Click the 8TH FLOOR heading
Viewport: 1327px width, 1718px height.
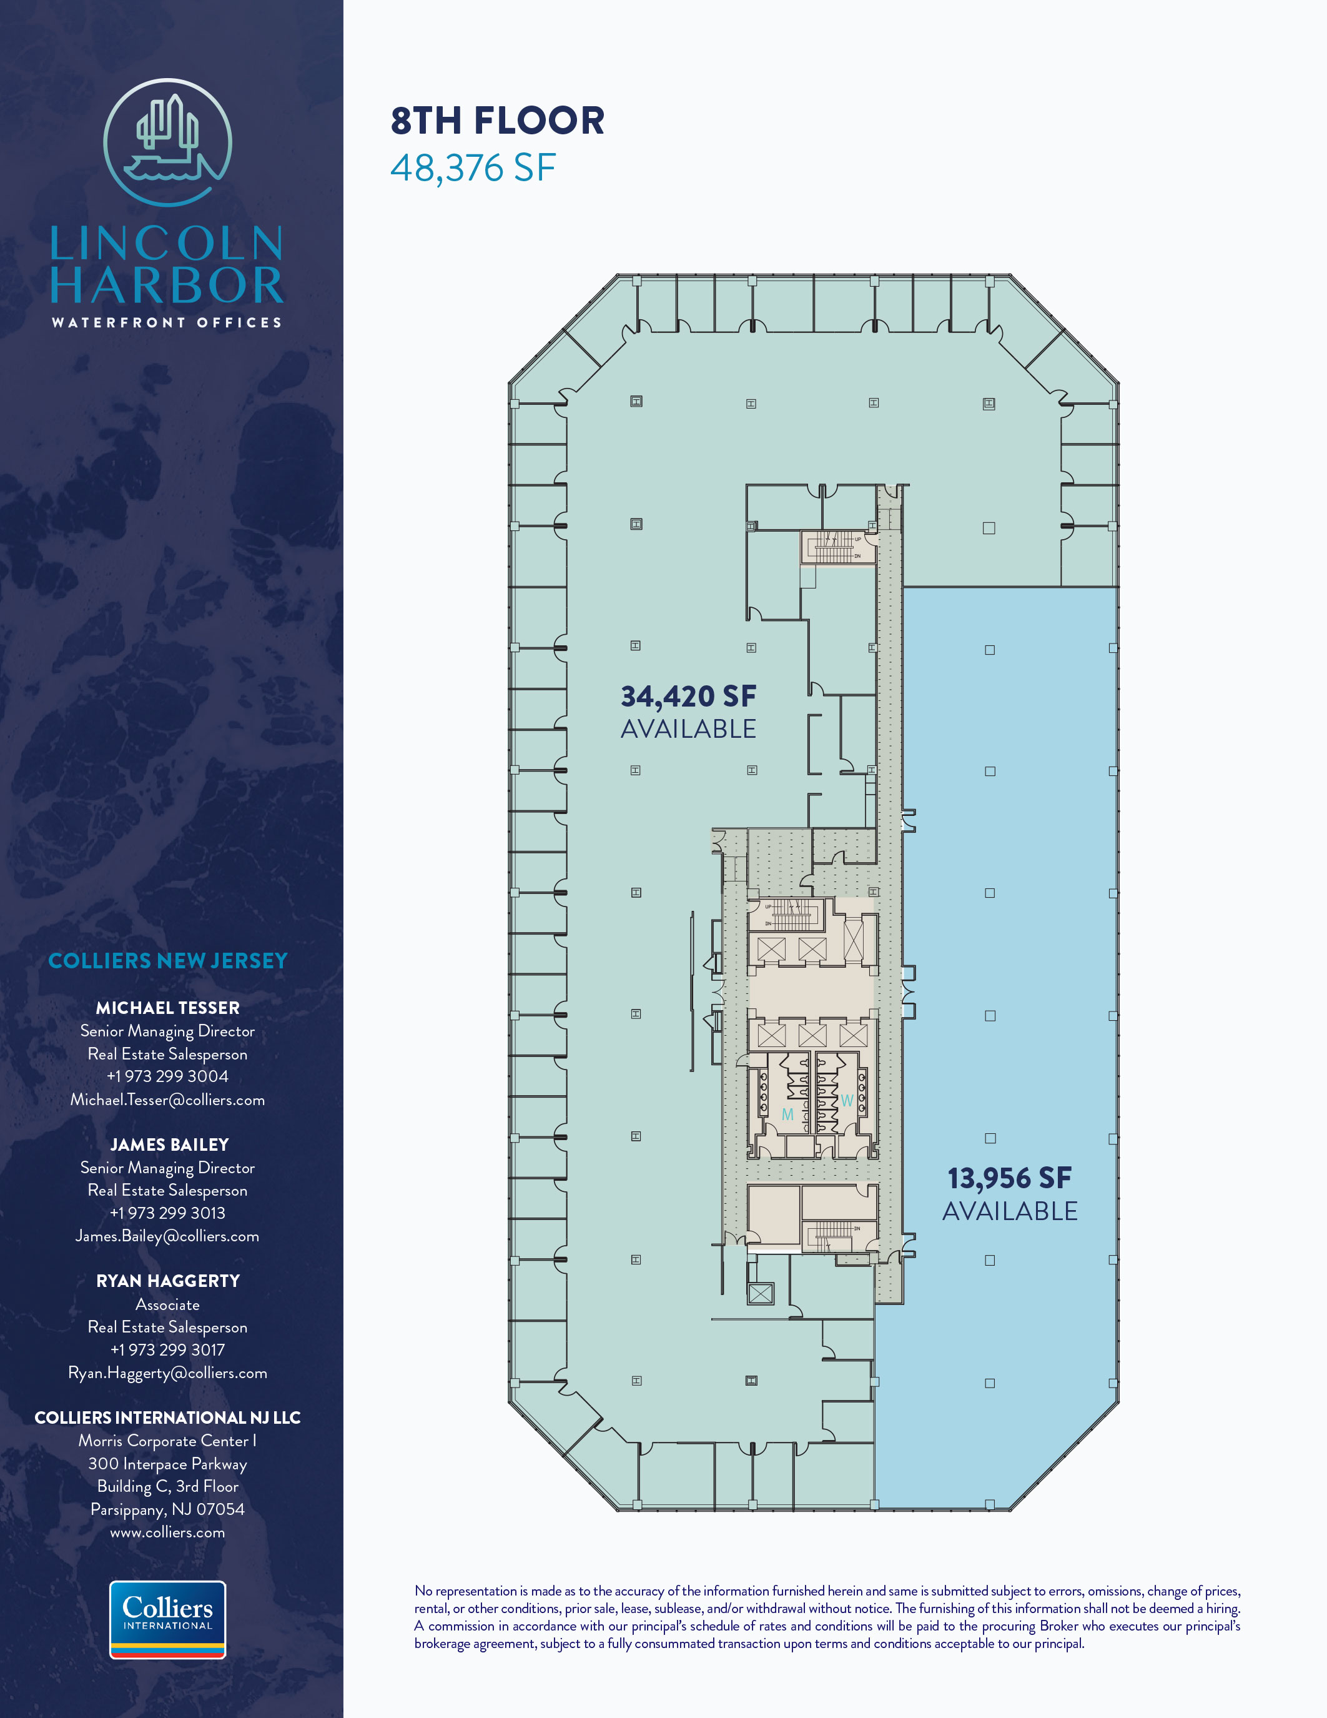tap(498, 121)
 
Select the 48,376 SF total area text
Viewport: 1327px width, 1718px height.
tap(473, 168)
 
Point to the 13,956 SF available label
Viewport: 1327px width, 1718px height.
tap(1010, 1194)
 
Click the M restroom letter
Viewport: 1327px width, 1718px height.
tap(787, 1115)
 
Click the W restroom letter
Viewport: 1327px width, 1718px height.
tap(847, 1101)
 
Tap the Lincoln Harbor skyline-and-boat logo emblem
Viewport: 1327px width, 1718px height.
tap(167, 142)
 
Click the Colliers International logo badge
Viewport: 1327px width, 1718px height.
tap(167, 1620)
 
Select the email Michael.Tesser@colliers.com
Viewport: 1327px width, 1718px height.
tap(167, 1100)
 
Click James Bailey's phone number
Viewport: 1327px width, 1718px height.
tap(167, 1213)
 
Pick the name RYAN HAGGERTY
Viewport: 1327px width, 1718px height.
tap(167, 1281)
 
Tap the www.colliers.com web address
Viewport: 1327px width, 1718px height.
tap(167, 1532)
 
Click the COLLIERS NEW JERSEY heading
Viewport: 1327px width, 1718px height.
tap(167, 960)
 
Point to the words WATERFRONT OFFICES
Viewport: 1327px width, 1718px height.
tap(167, 322)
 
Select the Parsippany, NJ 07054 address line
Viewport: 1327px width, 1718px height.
tap(167, 1509)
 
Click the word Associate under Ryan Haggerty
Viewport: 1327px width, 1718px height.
tap(167, 1304)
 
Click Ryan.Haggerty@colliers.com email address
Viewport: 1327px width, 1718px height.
tap(167, 1373)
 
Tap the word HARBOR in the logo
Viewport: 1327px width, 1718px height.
tap(167, 286)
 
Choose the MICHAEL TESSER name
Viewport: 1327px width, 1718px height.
tap(167, 1008)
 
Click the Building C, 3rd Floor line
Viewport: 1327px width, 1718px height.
tap(167, 1486)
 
